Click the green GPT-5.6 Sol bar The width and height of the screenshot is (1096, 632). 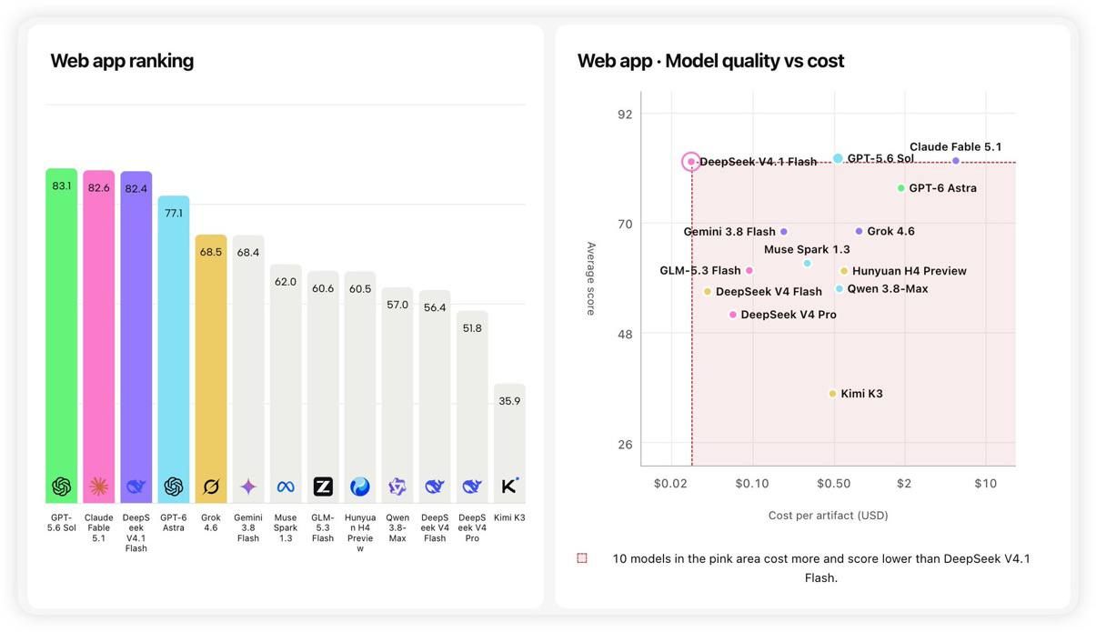[61, 336]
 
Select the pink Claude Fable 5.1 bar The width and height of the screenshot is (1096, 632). [98, 336]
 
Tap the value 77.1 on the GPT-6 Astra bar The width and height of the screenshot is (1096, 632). [174, 213]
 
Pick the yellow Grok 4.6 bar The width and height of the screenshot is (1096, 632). [211, 369]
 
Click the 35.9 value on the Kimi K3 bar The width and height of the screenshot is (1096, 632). [509, 401]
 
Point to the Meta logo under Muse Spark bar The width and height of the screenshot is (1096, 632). [286, 487]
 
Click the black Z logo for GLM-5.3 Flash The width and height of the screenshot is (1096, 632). [323, 487]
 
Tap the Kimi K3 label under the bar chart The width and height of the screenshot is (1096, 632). [509, 517]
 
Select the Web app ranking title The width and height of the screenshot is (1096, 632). [122, 61]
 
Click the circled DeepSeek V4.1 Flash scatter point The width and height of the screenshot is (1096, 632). [691, 162]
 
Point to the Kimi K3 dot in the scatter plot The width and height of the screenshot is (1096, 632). [832, 394]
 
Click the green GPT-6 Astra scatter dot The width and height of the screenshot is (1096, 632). [900, 188]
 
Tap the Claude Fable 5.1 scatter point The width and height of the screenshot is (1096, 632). [956, 161]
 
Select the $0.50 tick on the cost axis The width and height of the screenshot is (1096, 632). [834, 483]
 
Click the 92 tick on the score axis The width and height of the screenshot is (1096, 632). [625, 114]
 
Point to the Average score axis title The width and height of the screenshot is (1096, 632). [591, 278]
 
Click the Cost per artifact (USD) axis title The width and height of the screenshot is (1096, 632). [828, 515]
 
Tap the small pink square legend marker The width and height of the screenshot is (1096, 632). [582, 558]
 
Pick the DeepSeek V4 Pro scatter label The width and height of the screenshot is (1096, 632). [789, 315]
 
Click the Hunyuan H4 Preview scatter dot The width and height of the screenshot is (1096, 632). [844, 271]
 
